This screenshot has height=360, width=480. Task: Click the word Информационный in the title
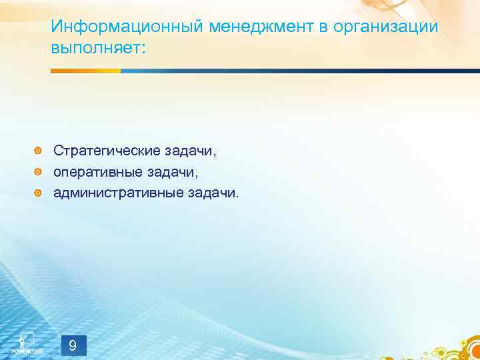[127, 27]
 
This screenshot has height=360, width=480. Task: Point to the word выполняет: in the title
[96, 49]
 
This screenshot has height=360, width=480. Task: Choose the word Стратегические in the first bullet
[107, 151]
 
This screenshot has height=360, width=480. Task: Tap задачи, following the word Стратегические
[191, 151]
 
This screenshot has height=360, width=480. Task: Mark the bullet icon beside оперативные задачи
[39, 173]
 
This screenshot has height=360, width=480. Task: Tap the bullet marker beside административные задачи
[39, 194]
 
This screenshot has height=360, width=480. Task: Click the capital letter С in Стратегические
[59, 151]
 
